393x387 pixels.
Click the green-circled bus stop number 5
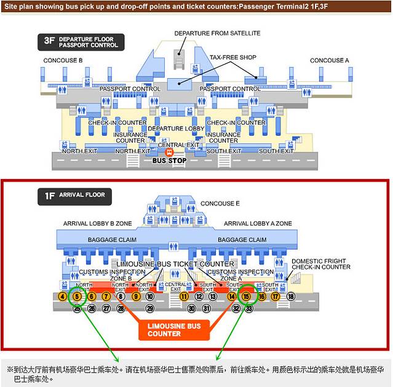[77, 297]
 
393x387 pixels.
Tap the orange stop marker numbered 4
[62, 297]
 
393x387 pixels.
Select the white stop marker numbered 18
[291, 297]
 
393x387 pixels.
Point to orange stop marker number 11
[184, 297]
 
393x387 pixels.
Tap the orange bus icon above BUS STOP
[170, 151]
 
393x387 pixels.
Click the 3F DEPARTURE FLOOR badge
[81, 42]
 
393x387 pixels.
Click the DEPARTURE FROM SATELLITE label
[217, 33]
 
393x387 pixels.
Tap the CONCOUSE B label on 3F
[63, 60]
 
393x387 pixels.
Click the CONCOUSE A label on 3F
[329, 60]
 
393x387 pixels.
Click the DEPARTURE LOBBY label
[175, 129]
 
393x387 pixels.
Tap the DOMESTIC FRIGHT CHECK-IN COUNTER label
[320, 263]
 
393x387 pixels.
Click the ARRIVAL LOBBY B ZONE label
[97, 223]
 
